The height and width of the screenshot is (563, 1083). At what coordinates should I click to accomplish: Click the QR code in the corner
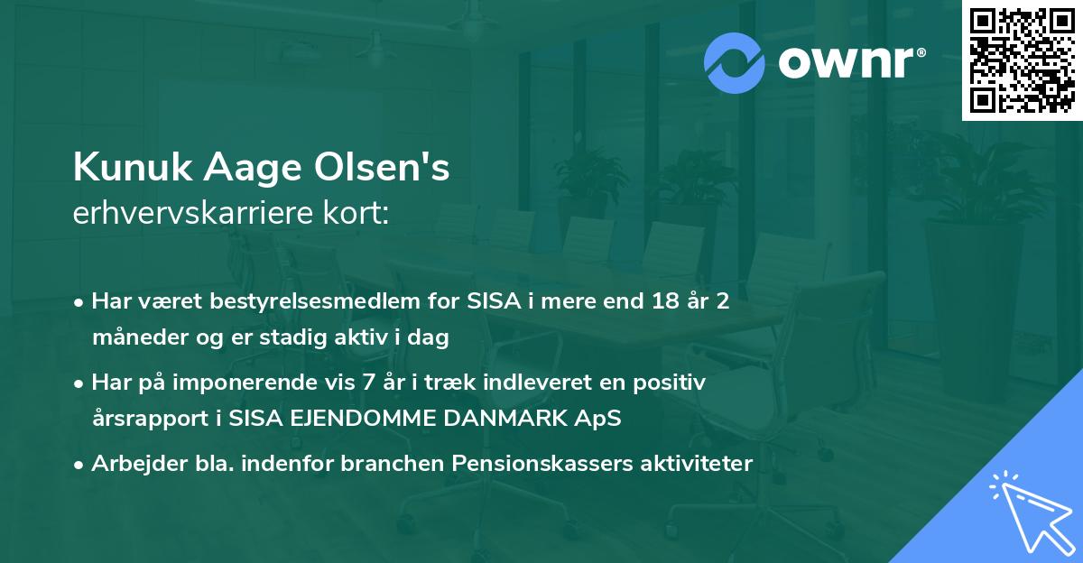point(1023,60)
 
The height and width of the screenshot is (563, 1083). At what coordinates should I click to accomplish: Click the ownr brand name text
point(850,62)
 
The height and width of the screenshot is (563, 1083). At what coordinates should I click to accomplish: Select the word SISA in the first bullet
point(494,301)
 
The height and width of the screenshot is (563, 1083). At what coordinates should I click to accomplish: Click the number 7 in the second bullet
point(366,383)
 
